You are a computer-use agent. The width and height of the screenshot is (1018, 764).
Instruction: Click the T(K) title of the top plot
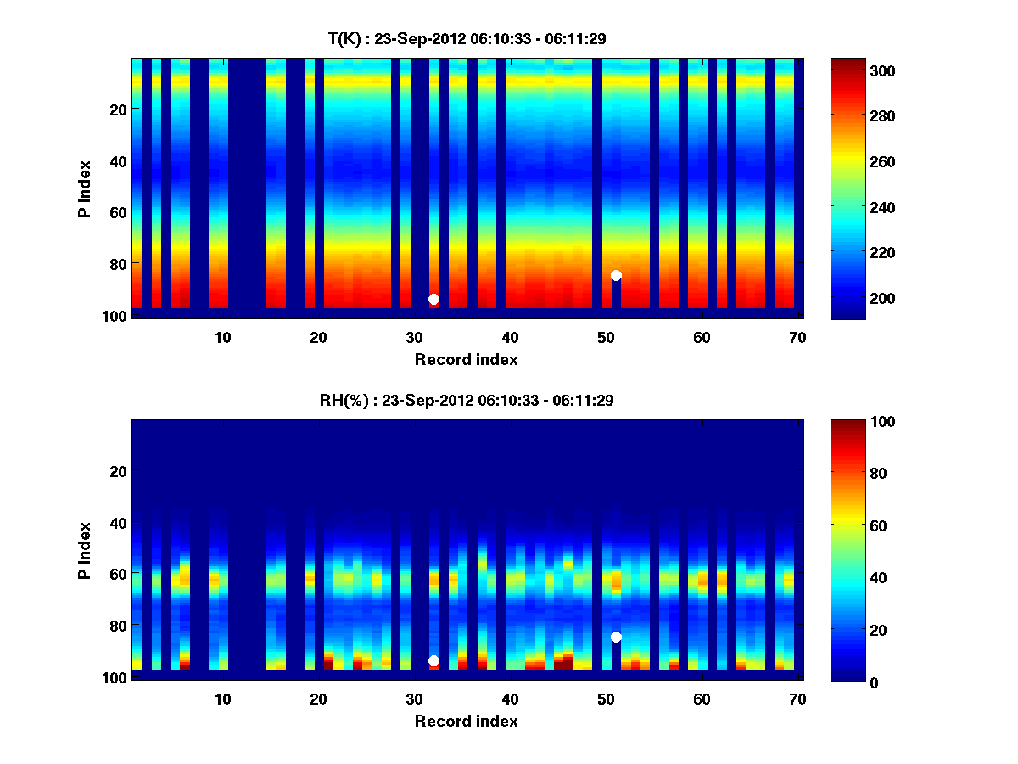click(x=466, y=38)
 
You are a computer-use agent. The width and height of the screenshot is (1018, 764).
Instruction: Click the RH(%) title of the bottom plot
click(x=466, y=400)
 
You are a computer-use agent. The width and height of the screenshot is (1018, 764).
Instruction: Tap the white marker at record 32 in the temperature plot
click(x=433, y=299)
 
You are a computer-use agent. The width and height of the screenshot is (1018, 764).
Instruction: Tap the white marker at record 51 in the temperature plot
click(x=616, y=275)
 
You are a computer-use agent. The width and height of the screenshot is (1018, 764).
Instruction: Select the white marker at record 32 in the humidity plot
click(x=433, y=660)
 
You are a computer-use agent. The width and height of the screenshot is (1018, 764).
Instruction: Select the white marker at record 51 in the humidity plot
click(x=616, y=637)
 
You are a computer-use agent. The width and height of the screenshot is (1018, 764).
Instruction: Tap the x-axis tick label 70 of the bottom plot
click(x=797, y=699)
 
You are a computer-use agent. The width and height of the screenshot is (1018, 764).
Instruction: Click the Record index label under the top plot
click(x=466, y=359)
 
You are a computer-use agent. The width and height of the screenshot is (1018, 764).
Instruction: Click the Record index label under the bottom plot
click(x=466, y=721)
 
